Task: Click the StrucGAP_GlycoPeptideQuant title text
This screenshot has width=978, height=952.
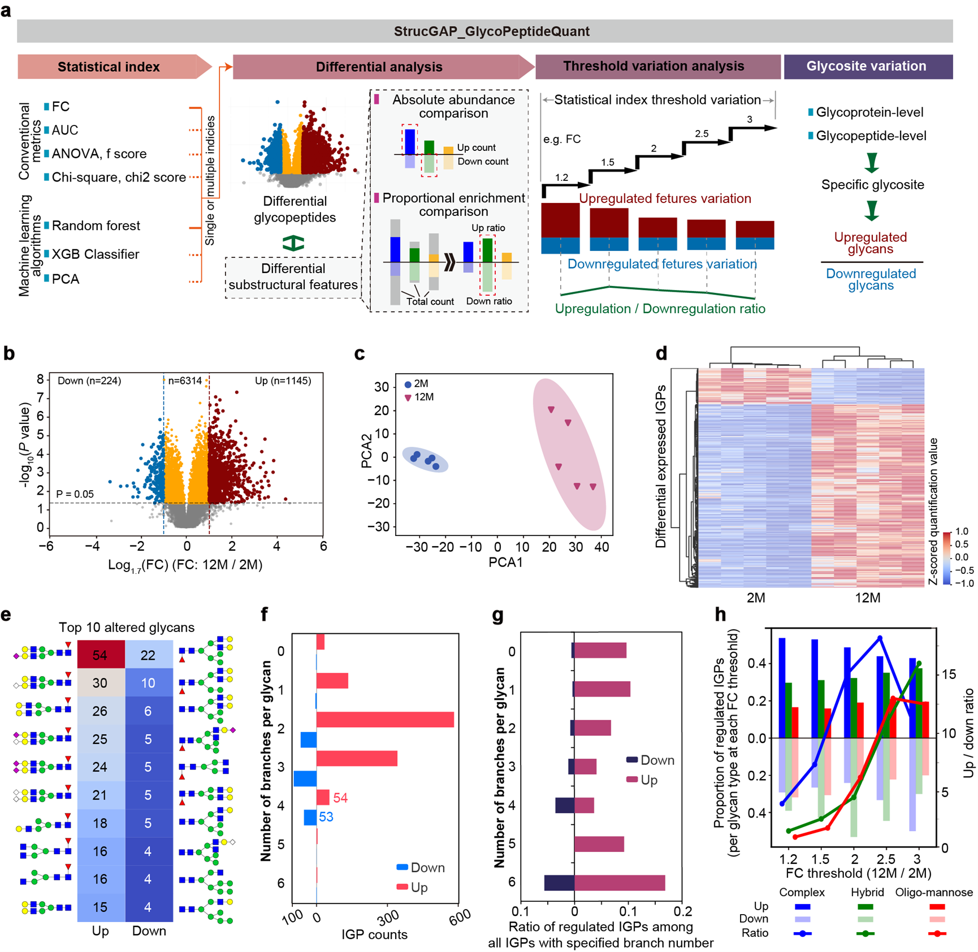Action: (491, 31)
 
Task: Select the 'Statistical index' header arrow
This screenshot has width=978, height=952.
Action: (109, 67)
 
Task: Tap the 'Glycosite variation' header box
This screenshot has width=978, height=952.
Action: (867, 66)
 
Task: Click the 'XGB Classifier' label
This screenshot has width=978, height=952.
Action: (96, 254)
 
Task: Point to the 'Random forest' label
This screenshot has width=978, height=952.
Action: (96, 226)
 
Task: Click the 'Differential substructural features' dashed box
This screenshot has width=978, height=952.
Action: (293, 277)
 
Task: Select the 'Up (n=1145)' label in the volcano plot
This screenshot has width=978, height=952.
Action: (283, 381)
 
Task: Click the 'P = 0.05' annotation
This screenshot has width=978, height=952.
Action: (75, 494)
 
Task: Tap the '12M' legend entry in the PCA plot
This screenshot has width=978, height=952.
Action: (423, 397)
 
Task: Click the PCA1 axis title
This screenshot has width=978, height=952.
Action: (505, 562)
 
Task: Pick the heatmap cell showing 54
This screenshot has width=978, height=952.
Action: (100, 655)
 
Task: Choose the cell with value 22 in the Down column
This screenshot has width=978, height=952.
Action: (148, 655)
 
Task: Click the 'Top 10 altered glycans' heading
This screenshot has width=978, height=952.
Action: (126, 627)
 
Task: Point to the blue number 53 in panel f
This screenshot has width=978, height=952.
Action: (326, 817)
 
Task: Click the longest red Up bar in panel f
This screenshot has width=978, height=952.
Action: (384, 720)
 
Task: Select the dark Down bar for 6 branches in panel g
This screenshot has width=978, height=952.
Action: (559, 883)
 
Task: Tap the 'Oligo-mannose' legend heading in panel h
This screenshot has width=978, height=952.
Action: (934, 892)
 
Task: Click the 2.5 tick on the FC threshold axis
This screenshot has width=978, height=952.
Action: (886, 859)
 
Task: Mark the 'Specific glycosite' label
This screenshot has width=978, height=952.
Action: (872, 185)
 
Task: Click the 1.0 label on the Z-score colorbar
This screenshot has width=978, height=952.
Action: (961, 531)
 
